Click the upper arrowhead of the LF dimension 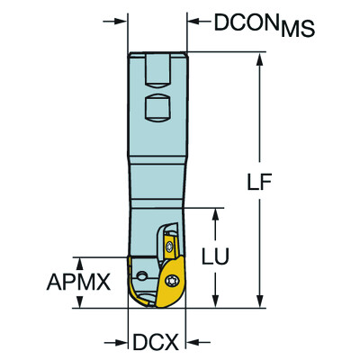(x=261, y=58)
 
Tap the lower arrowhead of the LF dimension (x=261, y=303)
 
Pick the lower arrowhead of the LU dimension (x=217, y=303)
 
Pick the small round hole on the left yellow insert (x=144, y=270)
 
